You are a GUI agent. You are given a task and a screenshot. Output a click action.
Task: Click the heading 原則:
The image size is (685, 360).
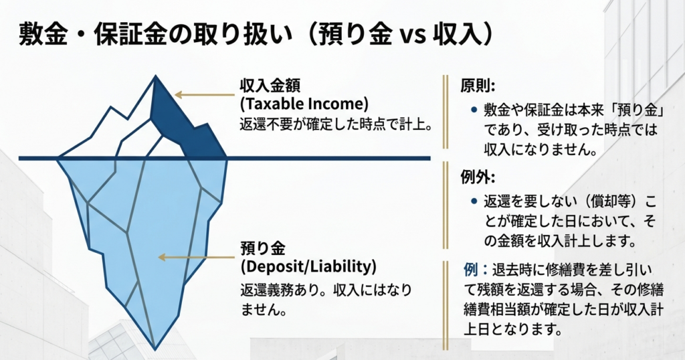coord(478,86)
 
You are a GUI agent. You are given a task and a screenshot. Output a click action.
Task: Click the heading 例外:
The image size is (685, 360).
coord(478,177)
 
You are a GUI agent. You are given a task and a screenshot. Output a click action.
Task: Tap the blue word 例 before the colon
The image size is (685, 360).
coord(470,270)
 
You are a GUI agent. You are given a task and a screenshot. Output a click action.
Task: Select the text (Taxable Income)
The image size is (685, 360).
coord(304,104)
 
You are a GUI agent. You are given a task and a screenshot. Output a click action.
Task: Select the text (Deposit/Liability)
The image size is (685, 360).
coord(308,266)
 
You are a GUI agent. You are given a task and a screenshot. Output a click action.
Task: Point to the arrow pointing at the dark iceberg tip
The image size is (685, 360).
coord(205,95)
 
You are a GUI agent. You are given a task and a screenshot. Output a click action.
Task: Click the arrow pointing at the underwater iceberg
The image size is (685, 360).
coord(197,258)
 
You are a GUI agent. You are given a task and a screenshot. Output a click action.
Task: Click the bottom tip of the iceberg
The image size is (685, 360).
coord(155,349)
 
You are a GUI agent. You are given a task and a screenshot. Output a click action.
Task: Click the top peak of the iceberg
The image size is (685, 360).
coord(155,76)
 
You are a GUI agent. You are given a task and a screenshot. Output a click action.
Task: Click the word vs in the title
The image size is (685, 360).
coord(412,37)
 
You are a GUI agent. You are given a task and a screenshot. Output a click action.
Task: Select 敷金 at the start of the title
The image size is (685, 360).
coord(43,35)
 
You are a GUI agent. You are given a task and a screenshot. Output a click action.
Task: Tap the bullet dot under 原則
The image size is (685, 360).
coord(474,109)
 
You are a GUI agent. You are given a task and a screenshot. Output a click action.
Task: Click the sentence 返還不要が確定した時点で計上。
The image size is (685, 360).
coord(336,125)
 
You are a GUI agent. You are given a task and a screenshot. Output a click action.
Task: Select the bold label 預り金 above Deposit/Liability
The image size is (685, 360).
coord(263,248)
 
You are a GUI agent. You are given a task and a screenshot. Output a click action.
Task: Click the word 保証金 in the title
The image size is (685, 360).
coord(131,35)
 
